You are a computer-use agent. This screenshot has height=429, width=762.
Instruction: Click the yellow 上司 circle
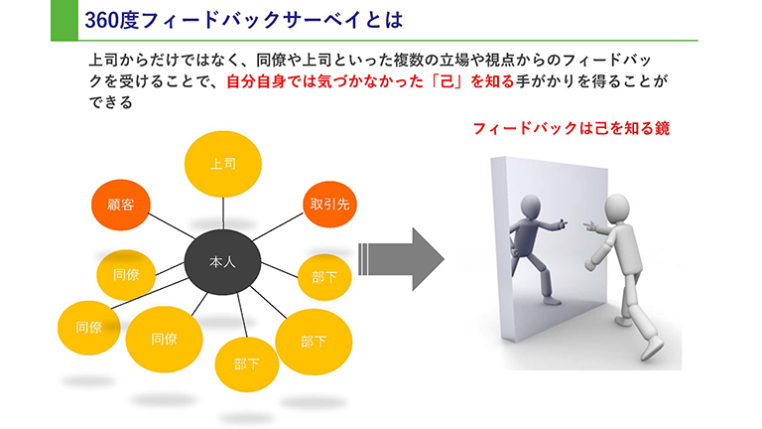click(222, 162)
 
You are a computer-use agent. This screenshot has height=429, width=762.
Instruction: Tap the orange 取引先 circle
click(328, 206)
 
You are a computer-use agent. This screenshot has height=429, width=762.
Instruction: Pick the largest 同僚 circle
click(164, 340)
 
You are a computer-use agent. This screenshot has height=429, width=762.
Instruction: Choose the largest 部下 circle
click(313, 342)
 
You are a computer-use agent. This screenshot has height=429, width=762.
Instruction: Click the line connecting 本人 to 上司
click(222, 214)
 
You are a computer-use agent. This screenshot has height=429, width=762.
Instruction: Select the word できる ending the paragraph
click(109, 103)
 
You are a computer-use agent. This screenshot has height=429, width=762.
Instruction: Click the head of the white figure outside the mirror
click(618, 208)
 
